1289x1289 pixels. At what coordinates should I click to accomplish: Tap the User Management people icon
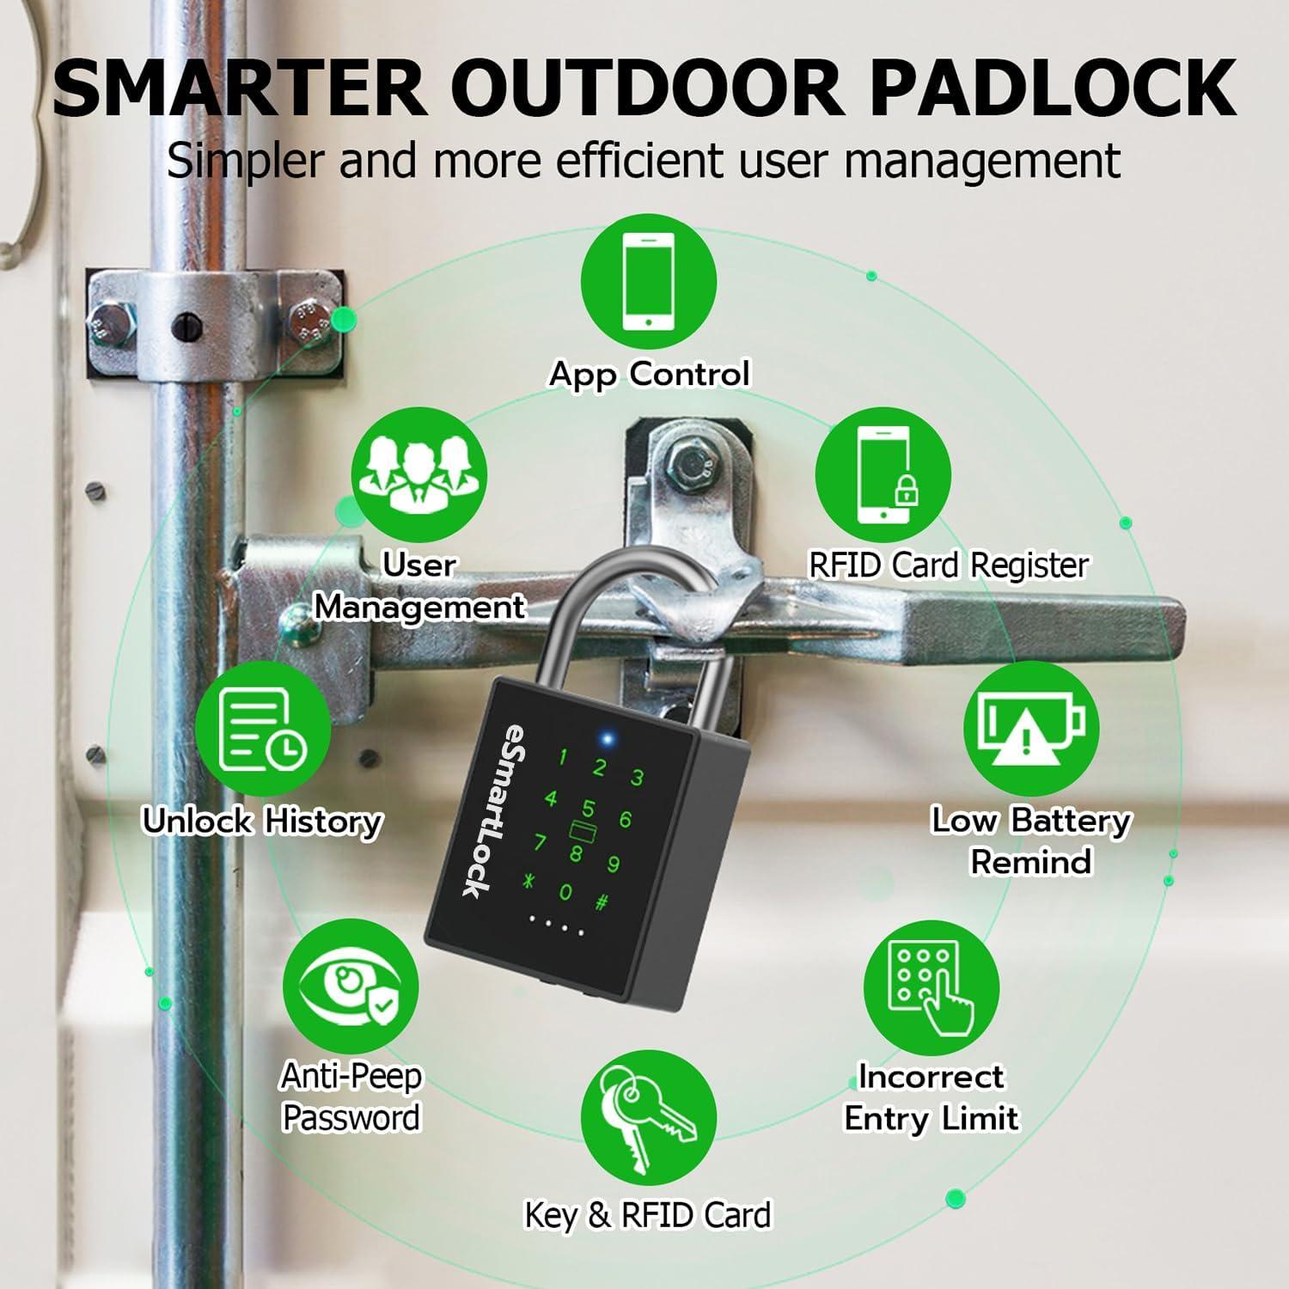pos(419,475)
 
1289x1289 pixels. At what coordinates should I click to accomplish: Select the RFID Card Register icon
pos(883,475)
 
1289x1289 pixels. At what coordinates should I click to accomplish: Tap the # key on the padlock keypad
pos(603,903)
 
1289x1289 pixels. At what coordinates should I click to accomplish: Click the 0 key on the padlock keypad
pos(565,893)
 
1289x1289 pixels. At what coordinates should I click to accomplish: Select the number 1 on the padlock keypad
pos(563,757)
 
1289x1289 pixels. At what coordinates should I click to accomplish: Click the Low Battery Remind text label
pos(1030,840)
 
